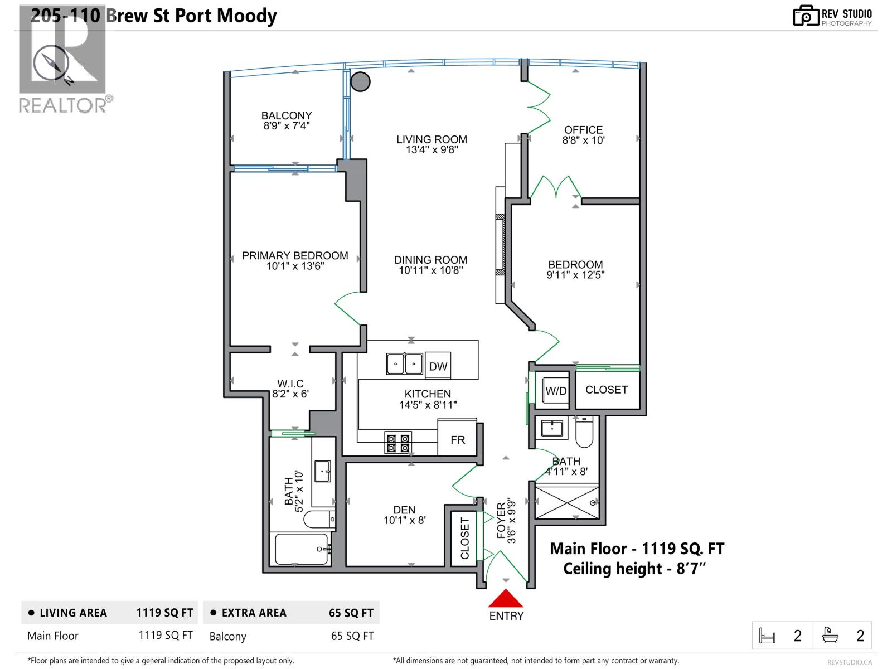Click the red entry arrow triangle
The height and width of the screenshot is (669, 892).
tap(506, 599)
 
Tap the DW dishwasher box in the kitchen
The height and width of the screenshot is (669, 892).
tap(438, 366)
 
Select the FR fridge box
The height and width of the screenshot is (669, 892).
tap(458, 440)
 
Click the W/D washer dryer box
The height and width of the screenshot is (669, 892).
tap(556, 390)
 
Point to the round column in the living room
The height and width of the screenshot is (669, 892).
tap(361, 82)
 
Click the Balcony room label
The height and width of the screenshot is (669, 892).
tap(287, 115)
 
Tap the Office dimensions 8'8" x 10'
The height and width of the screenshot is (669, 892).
tap(583, 140)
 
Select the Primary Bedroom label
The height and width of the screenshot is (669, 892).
tap(295, 255)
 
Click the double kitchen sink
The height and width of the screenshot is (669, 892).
tap(405, 364)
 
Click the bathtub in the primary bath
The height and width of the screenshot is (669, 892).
tap(302, 549)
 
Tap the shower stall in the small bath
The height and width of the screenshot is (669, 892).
tap(567, 502)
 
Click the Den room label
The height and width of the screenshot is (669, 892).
tap(404, 510)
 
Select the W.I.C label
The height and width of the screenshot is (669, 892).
tap(290, 384)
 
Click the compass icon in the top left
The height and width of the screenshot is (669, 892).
tap(51, 64)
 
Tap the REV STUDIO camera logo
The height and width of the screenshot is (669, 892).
tap(806, 16)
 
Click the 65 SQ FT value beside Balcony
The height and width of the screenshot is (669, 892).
tap(352, 636)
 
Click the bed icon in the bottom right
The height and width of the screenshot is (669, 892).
tap(768, 636)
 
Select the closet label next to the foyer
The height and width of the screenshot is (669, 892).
tap(464, 538)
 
